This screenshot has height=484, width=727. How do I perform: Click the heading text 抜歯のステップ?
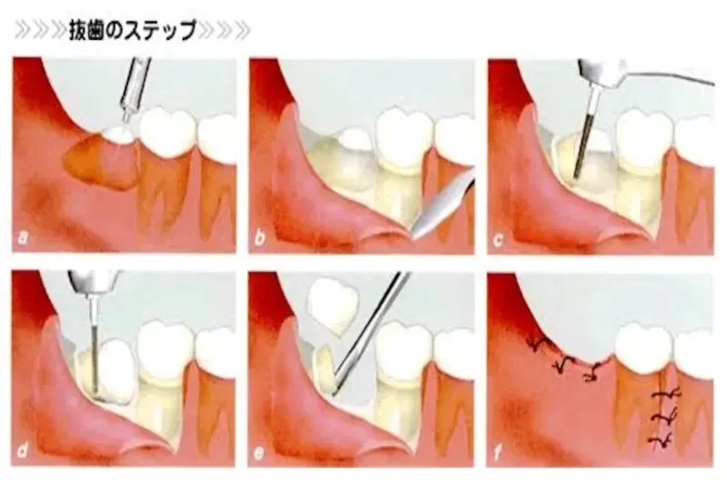pos(133,30)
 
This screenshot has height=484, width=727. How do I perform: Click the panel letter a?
pos(23,239)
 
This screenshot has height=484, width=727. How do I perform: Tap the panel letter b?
pos(260,238)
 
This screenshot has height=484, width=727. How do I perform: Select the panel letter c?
pos(497,241)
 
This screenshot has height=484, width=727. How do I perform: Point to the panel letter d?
pos(22,450)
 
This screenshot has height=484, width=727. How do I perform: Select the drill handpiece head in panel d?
pos(92,282)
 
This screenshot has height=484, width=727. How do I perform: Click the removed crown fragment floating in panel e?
pos(333,304)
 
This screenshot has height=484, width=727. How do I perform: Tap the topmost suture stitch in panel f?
pos(540,343)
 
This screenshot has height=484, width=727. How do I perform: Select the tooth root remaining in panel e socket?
pos(325,370)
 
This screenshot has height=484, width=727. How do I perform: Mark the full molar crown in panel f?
pos(642,348)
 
